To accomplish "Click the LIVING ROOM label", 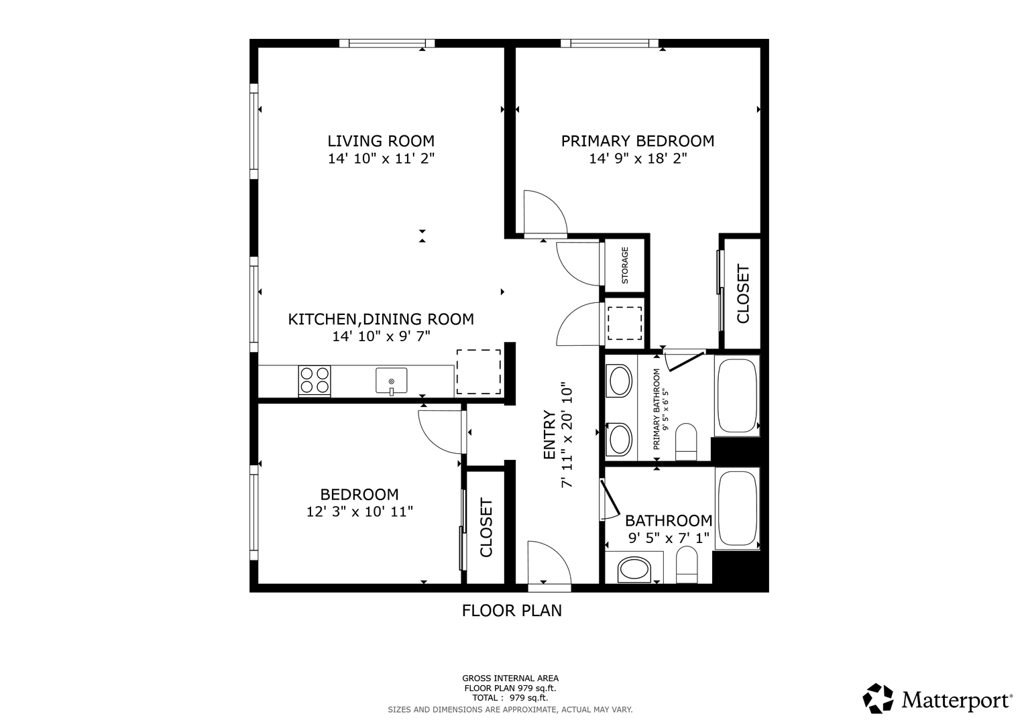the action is [381, 141].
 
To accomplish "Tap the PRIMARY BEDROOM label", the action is [638, 141].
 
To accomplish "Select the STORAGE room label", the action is [625, 265].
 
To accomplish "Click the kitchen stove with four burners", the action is [315, 380].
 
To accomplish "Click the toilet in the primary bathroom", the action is [686, 442].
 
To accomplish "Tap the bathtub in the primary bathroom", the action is [737, 396].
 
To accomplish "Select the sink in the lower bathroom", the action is [634, 570].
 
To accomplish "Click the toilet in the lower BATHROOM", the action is [687, 564].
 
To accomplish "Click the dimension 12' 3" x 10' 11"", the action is [359, 511].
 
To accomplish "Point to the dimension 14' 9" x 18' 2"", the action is [638, 159].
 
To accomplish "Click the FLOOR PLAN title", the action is [512, 611].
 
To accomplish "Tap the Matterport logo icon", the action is [878, 698].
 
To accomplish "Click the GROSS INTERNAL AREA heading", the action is [510, 678].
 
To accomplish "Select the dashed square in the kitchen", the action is [479, 371].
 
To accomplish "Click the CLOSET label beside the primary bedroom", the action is [743, 294].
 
